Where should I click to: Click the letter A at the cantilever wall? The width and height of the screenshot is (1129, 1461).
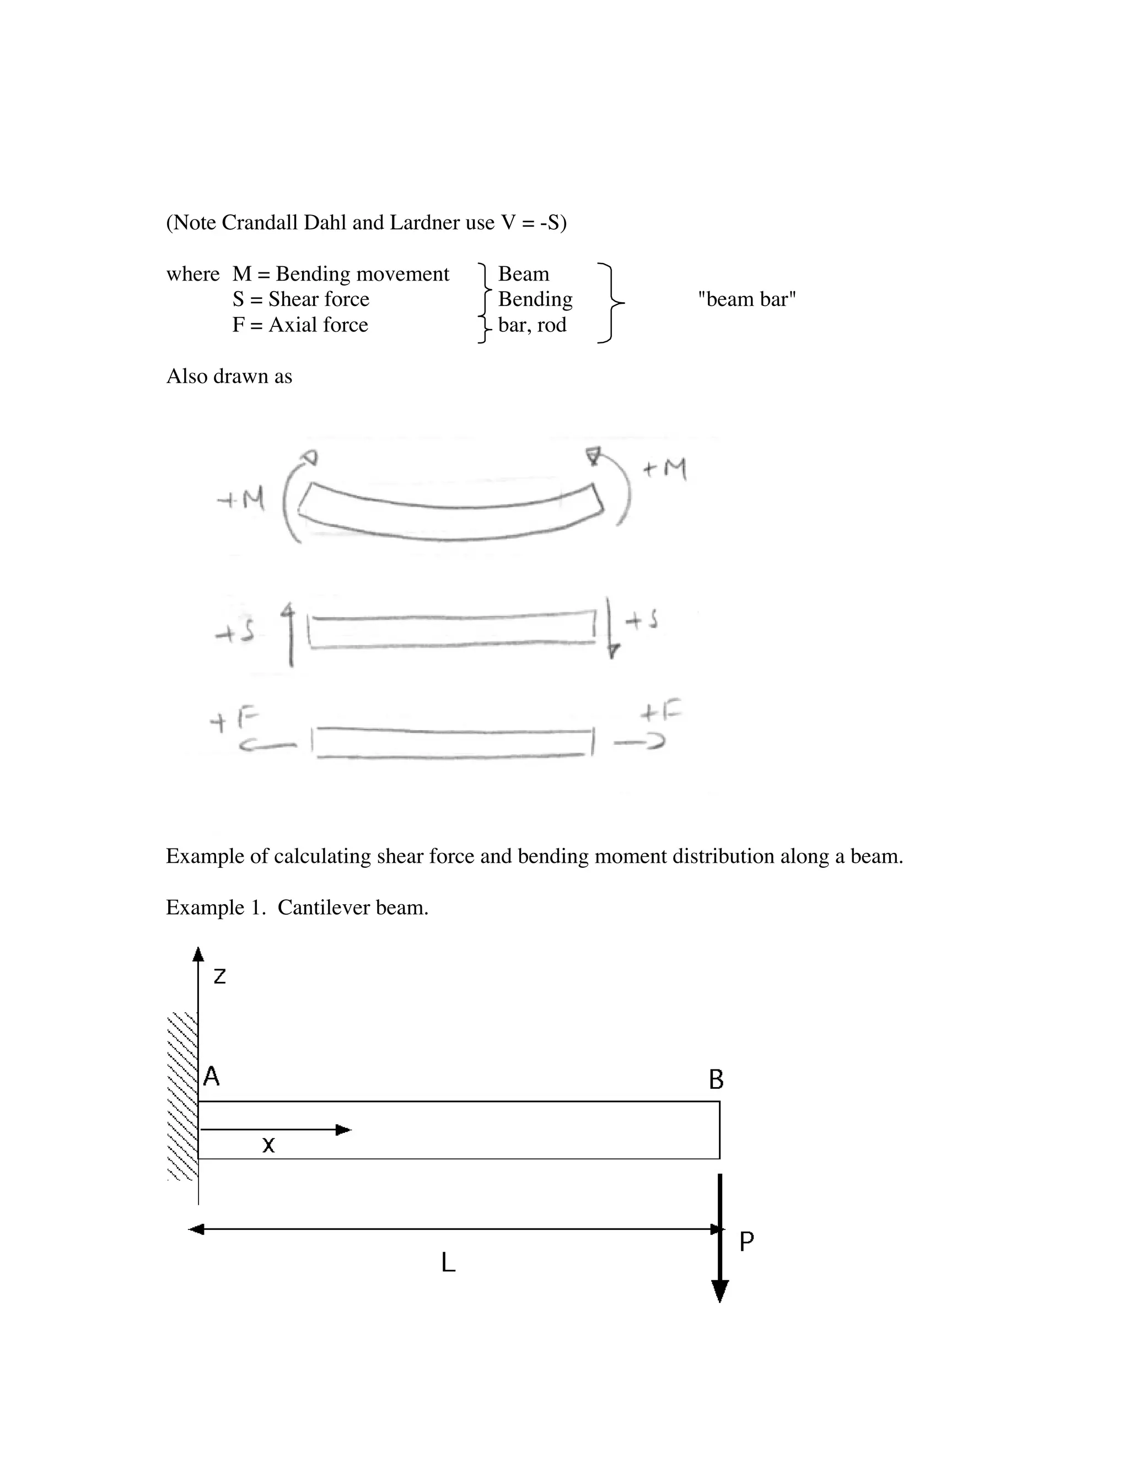click(211, 1076)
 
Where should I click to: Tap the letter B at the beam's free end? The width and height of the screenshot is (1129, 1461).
click(716, 1079)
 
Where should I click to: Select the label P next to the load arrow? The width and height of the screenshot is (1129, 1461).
click(746, 1241)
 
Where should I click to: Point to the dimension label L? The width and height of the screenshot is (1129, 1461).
click(448, 1263)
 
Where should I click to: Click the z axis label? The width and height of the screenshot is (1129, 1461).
click(219, 977)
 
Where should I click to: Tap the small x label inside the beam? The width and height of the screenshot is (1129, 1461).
click(268, 1145)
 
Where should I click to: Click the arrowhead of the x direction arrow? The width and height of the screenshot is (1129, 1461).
click(343, 1130)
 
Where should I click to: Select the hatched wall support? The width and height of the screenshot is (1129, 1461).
click(182, 1097)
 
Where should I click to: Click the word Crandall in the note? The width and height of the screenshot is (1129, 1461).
click(260, 222)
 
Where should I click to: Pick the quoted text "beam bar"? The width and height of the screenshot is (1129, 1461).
click(746, 299)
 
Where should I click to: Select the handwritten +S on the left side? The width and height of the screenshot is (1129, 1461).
click(234, 632)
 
